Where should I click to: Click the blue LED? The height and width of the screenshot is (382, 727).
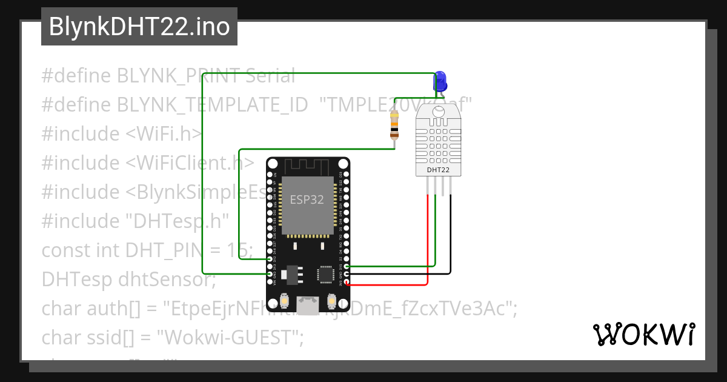(440, 81)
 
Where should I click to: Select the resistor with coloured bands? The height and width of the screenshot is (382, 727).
(394, 126)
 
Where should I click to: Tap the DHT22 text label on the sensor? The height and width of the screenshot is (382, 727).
(438, 170)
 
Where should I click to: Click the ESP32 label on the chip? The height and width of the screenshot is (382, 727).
(307, 199)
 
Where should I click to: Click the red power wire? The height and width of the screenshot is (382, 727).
(428, 243)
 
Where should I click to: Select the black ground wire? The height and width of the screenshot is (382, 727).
(451, 243)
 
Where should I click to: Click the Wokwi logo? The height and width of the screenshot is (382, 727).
(643, 335)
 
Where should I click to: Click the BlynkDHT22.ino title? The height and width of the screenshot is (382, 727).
(139, 27)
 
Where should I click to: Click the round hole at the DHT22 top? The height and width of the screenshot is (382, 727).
(438, 112)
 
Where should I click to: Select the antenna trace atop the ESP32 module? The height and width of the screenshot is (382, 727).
(308, 165)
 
